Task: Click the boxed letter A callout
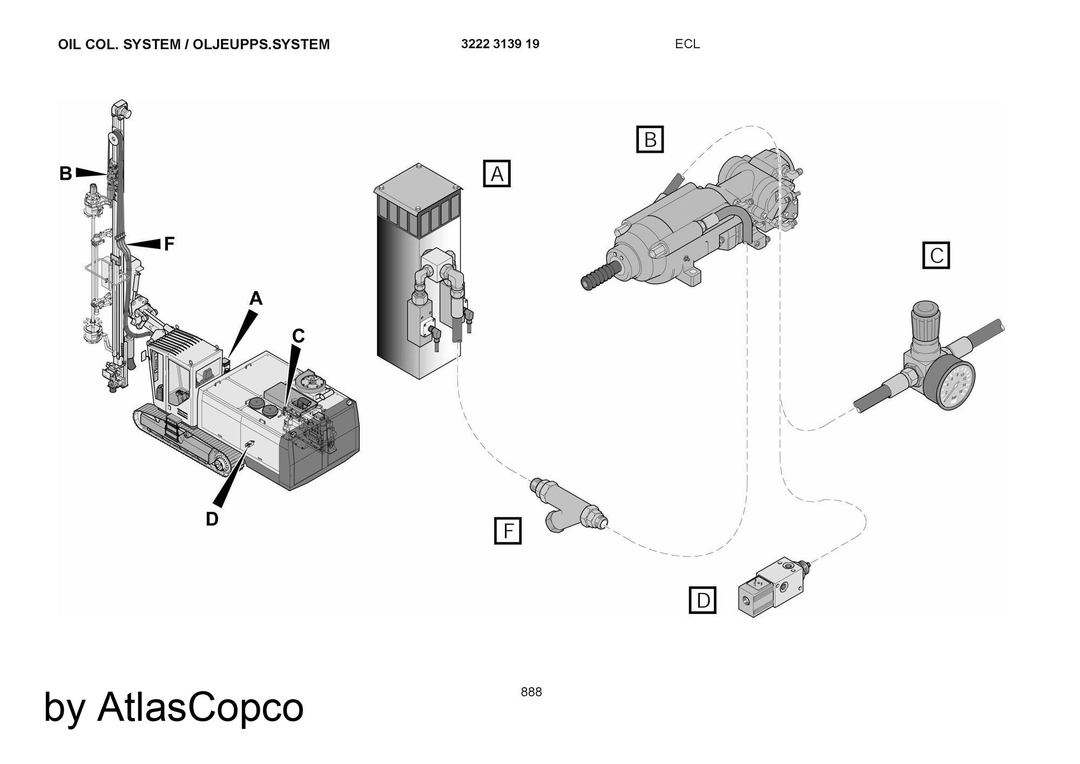tap(496, 173)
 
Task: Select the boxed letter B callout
tap(650, 139)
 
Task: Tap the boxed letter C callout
tap(936, 255)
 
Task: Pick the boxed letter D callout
tap(703, 600)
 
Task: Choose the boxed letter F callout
tap(508, 531)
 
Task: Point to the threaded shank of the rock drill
tap(599, 275)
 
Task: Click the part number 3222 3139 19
tap(500, 44)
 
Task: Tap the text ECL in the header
tap(687, 44)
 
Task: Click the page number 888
tap(531, 692)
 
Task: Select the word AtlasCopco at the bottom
tap(200, 707)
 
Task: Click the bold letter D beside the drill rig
tap(212, 519)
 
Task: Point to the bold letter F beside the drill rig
tap(169, 244)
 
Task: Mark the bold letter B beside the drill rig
tap(65, 174)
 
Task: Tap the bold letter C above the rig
tap(298, 336)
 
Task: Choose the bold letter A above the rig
tap(255, 298)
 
